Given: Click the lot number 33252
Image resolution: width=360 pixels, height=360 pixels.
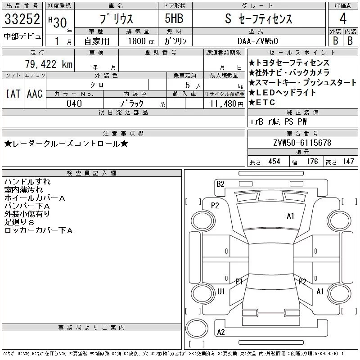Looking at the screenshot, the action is (x=22, y=19).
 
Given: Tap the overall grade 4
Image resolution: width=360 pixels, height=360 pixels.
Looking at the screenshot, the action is (x=343, y=18).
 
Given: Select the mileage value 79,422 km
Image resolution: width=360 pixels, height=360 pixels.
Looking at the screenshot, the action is (x=49, y=64).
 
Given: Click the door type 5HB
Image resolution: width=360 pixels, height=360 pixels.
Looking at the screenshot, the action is (x=174, y=18).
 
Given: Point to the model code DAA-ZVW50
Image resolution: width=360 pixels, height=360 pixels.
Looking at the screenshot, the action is (x=258, y=41).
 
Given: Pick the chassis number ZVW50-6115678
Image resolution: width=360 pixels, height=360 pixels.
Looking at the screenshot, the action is (x=302, y=143).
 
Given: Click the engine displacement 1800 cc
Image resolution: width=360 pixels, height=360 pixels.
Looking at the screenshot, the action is (x=141, y=41).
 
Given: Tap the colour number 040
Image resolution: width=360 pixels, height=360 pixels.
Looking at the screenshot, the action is (x=74, y=103).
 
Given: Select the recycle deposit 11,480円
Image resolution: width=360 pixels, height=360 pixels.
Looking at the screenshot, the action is (x=227, y=104).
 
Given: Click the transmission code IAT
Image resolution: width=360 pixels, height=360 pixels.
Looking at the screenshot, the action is (x=13, y=94).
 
